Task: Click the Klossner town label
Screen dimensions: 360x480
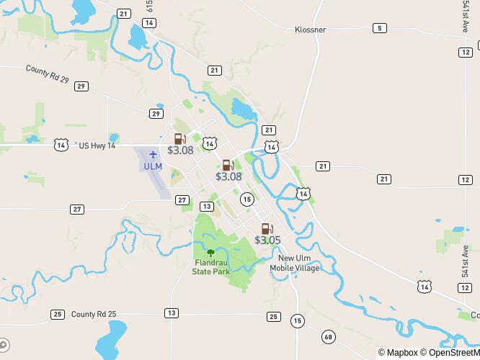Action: (311, 30)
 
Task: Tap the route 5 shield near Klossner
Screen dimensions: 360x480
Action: (379, 28)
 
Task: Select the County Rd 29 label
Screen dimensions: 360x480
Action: (47, 73)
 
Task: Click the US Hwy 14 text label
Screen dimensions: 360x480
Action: (97, 145)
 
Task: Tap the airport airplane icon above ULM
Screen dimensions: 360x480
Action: (153, 154)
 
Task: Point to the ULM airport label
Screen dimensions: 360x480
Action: (153, 166)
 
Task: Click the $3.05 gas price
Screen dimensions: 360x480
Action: (267, 240)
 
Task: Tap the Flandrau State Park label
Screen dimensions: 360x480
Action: (211, 267)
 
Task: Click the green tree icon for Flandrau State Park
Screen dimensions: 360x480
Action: (211, 253)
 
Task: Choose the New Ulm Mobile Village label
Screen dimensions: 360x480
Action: (295, 264)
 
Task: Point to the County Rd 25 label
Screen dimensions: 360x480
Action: (94, 314)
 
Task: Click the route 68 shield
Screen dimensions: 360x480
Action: (329, 337)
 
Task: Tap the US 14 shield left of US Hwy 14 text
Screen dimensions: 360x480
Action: (61, 145)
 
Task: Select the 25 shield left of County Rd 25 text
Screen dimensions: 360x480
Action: (58, 315)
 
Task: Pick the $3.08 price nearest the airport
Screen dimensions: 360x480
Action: (180, 150)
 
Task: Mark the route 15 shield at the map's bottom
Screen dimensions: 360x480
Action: (297, 320)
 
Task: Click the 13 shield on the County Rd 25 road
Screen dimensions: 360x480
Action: (171, 312)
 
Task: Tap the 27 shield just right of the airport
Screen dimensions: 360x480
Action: (182, 199)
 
